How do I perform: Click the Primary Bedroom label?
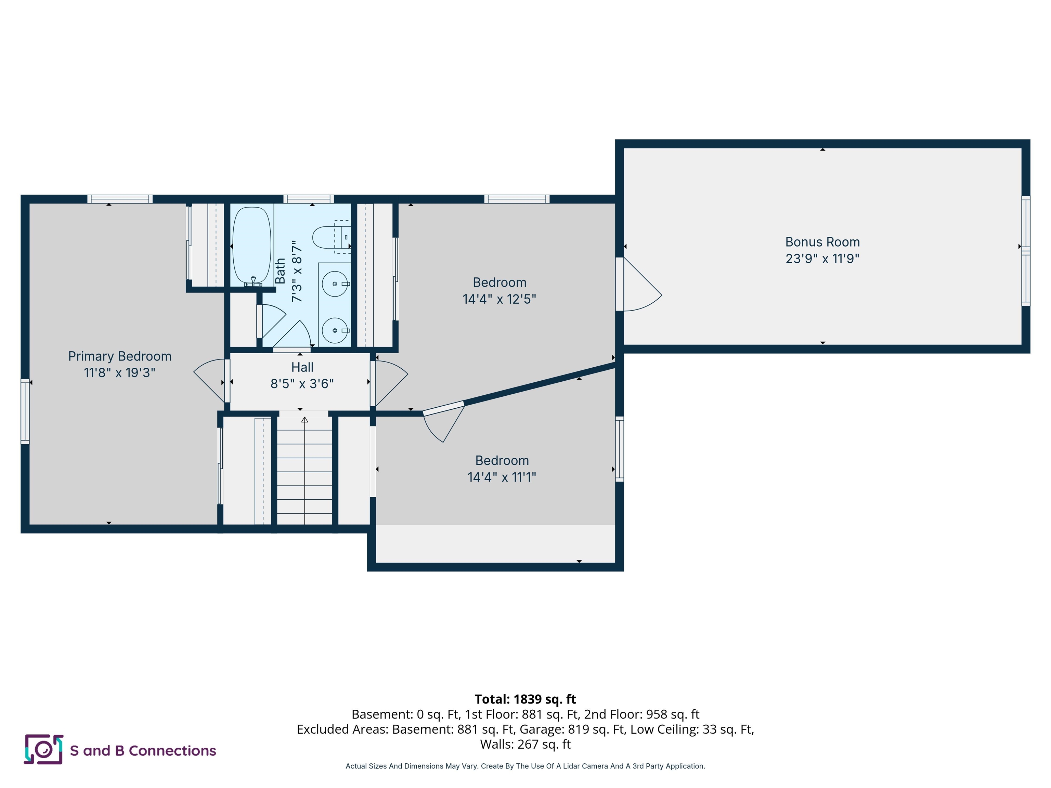tap(119, 356)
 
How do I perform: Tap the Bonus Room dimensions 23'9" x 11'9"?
tap(822, 259)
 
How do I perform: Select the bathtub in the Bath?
tap(251, 245)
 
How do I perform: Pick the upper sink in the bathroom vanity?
tap(335, 284)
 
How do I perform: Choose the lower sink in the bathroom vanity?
tap(335, 330)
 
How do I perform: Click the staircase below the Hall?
tap(304, 470)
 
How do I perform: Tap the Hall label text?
tap(302, 367)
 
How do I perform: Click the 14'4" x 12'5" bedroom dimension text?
tap(499, 299)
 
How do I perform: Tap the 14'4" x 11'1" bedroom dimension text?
tap(502, 477)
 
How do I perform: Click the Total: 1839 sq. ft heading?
tap(525, 699)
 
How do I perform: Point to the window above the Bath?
tap(308, 199)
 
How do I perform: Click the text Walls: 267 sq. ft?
tap(525, 744)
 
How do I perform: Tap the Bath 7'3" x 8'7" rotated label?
tap(288, 271)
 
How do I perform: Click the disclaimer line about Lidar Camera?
tap(525, 766)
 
